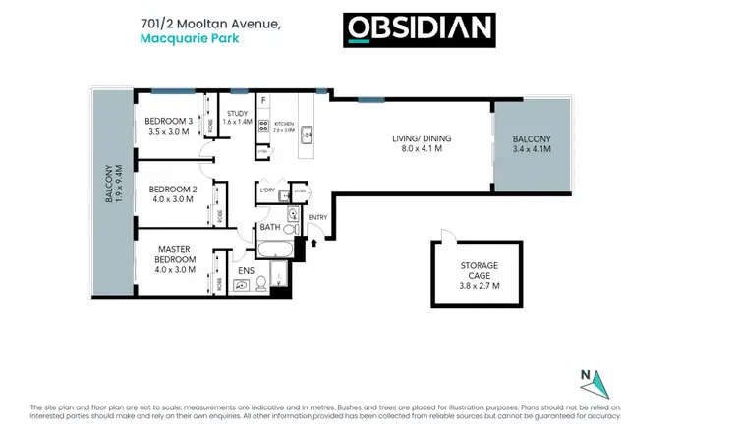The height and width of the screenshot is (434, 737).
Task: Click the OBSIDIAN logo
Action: (x=418, y=29)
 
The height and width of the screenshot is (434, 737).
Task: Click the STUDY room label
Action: (x=238, y=117)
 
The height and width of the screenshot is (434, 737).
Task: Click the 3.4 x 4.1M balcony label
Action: (x=532, y=145)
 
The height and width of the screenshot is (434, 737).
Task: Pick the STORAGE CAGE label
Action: (x=481, y=274)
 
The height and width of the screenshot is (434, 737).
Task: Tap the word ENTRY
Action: (x=318, y=217)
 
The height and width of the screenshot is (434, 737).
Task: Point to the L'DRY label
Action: (x=265, y=190)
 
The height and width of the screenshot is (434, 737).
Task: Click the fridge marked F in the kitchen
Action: (x=264, y=102)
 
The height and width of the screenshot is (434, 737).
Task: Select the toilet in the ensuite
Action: (x=261, y=283)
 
